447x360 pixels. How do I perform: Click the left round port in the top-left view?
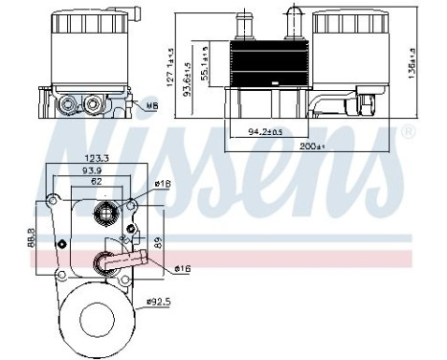tap(66, 102)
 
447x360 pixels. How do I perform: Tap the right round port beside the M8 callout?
tap(92, 102)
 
